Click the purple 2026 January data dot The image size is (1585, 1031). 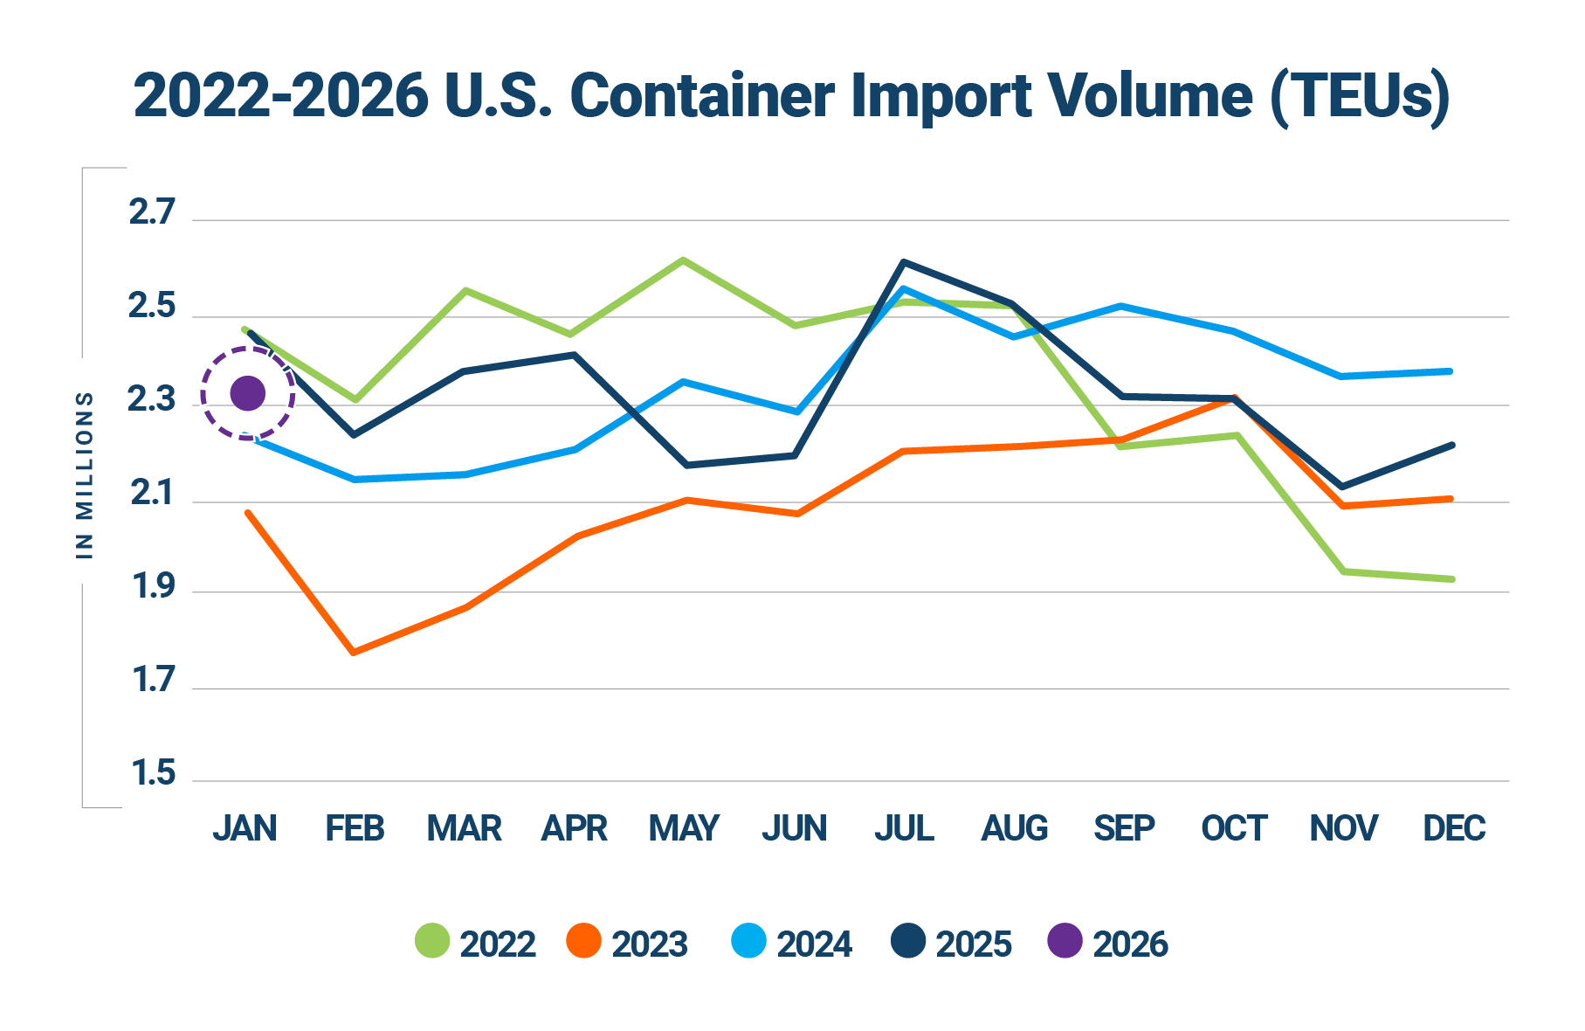click(x=247, y=394)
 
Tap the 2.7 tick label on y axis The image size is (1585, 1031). click(x=152, y=213)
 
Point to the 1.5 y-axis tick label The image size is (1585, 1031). click(x=153, y=774)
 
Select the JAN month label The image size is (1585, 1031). click(x=245, y=828)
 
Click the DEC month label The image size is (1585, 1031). click(x=1454, y=828)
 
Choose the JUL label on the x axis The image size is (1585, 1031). click(x=904, y=828)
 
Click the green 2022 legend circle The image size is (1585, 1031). click(x=432, y=941)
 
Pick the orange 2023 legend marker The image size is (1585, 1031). click(x=583, y=941)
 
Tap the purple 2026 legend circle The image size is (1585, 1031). click(x=1065, y=941)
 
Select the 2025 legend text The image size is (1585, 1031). click(x=974, y=945)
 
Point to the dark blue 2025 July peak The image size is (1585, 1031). click(x=903, y=261)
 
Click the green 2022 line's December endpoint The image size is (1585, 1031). click(x=1451, y=579)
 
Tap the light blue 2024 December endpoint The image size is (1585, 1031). click(x=1451, y=371)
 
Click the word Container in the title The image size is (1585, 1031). click(x=701, y=96)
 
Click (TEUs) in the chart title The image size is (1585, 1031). click(x=1360, y=96)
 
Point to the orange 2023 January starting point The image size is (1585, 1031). click(x=248, y=513)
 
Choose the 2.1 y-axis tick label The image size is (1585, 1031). click(x=152, y=495)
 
